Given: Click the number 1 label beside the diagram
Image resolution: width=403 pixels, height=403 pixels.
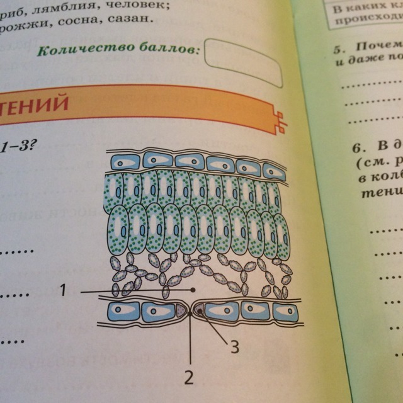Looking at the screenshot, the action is (63, 290).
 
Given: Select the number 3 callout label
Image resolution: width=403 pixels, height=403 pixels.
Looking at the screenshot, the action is (234, 347).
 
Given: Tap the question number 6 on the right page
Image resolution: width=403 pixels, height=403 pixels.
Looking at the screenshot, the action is (356, 149).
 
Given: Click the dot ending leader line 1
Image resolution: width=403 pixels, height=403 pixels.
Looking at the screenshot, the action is (193, 290).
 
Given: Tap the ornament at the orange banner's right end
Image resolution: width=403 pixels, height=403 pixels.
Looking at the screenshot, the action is (281, 120).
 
